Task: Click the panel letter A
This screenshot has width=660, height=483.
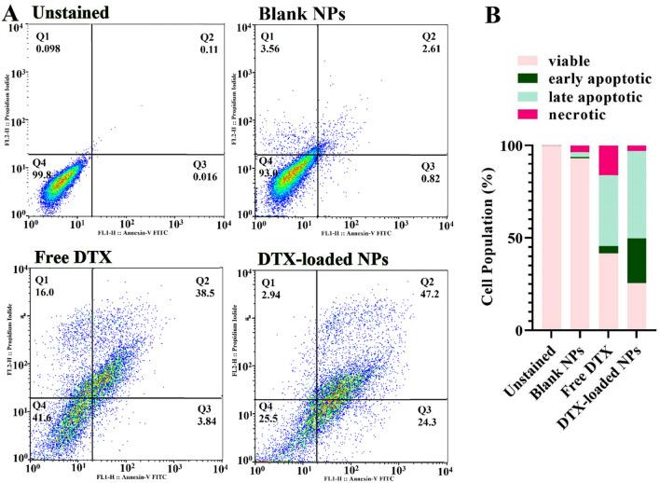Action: click(11, 12)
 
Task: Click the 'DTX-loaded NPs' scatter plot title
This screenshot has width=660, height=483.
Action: click(316, 257)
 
